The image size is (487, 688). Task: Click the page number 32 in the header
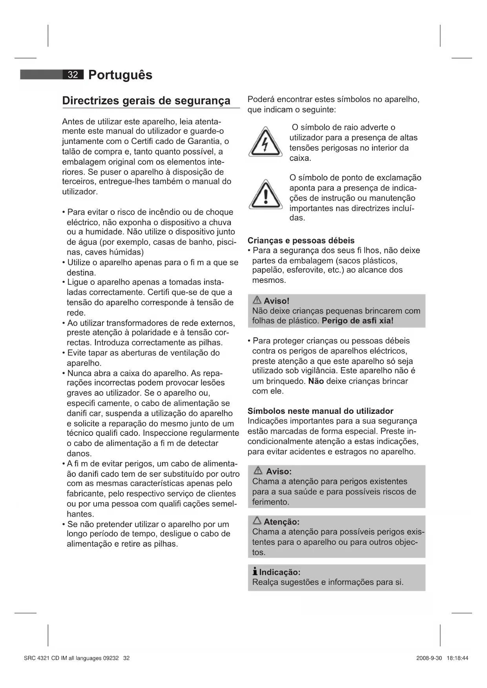pos(73,75)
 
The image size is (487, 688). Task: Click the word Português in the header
pos(120,75)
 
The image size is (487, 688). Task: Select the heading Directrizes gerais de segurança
pos(146,101)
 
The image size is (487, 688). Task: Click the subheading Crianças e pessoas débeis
pos(301,240)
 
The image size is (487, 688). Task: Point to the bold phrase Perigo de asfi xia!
pos(357,321)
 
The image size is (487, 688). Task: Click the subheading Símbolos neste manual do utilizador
pos(320,411)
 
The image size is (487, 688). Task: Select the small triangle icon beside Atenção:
pos(257,521)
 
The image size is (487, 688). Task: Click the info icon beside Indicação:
pos(255,572)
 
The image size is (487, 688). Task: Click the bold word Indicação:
pos(280,572)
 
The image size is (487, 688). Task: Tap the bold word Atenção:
pos(281,522)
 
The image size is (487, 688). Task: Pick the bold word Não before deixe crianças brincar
pos(316,381)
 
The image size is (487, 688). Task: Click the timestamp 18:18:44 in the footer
pos(457,658)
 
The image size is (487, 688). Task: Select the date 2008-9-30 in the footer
pos(429,658)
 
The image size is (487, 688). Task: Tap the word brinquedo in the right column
pos(286,381)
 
